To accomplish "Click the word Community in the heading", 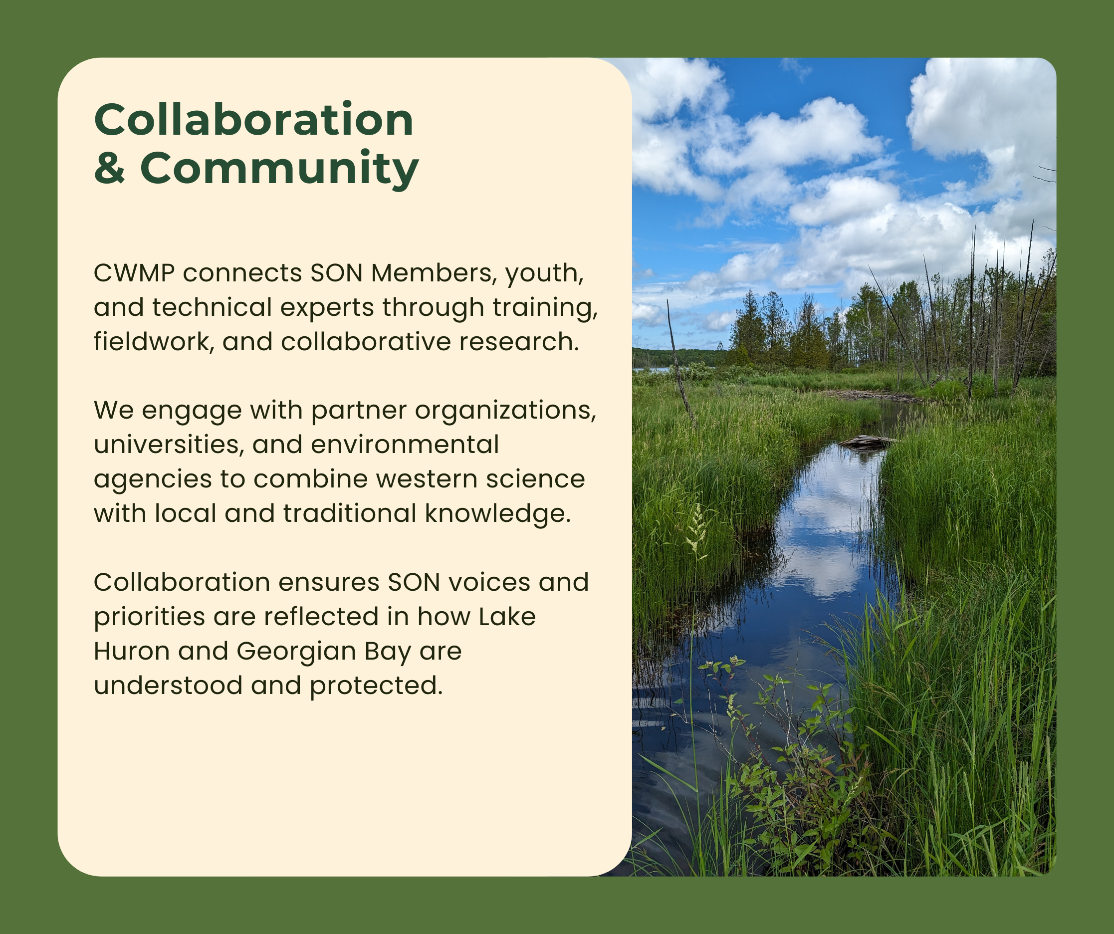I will coord(279,169).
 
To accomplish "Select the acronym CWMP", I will coord(134,273).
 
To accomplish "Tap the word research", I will coord(519,342).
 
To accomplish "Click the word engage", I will coord(192,411).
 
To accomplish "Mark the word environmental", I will coord(405,445).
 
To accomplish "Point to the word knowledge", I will coord(497,513).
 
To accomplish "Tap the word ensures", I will coord(329,582).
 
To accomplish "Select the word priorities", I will coord(149,617).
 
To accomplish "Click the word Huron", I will coord(132,651).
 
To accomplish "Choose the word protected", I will coord(376,686).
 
